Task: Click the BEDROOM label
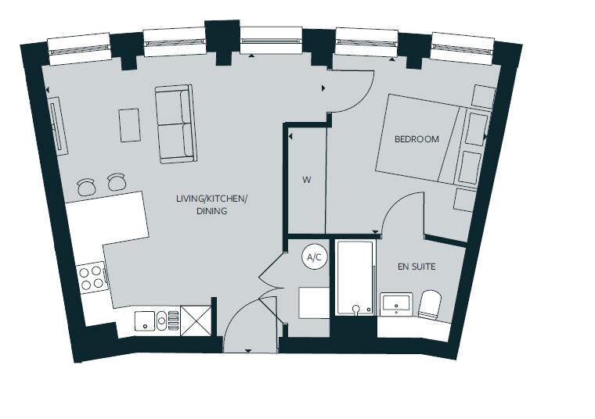click(x=416, y=139)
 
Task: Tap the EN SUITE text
click(x=416, y=267)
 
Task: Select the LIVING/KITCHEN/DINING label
click(x=211, y=205)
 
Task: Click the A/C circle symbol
click(x=315, y=256)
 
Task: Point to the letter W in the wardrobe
click(x=307, y=180)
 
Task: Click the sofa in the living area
click(x=174, y=125)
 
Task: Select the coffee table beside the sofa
click(x=130, y=125)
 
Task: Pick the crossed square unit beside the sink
click(x=197, y=321)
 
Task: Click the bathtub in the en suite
click(x=355, y=278)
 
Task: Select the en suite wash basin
click(x=397, y=304)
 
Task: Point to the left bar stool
click(x=86, y=186)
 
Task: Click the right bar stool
click(x=117, y=181)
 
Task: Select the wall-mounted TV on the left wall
click(x=58, y=127)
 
